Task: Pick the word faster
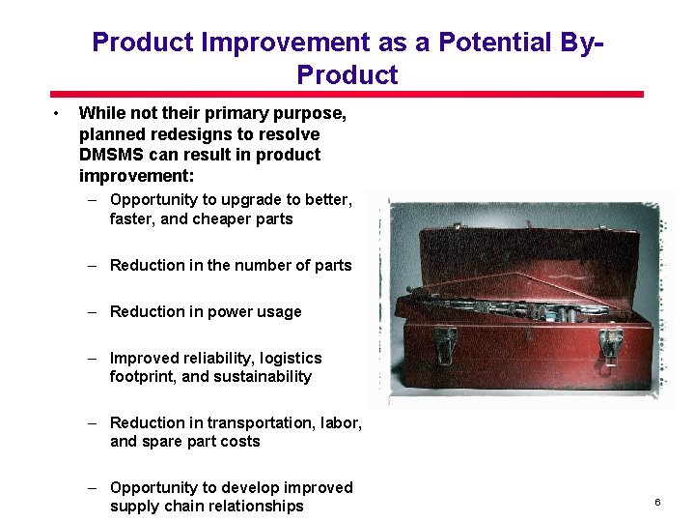pyautogui.click(x=132, y=218)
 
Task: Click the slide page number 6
pyautogui.click(x=657, y=503)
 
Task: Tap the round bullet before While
pyautogui.click(x=58, y=114)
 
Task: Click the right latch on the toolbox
pyautogui.click(x=610, y=345)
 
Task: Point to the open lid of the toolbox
pyautogui.click(x=521, y=242)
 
